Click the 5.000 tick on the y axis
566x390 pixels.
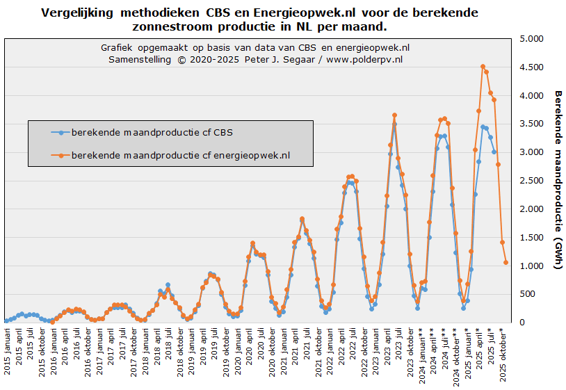tap(531, 39)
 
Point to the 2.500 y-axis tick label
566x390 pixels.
tap(531, 181)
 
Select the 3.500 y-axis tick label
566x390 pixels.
tap(531, 124)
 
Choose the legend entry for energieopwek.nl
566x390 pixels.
tap(180, 156)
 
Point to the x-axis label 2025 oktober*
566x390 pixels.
tap(506, 355)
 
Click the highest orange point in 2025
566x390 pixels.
tap(483, 67)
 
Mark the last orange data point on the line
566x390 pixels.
tap(506, 263)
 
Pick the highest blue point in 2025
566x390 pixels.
tap(483, 127)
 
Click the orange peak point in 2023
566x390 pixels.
tap(394, 115)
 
